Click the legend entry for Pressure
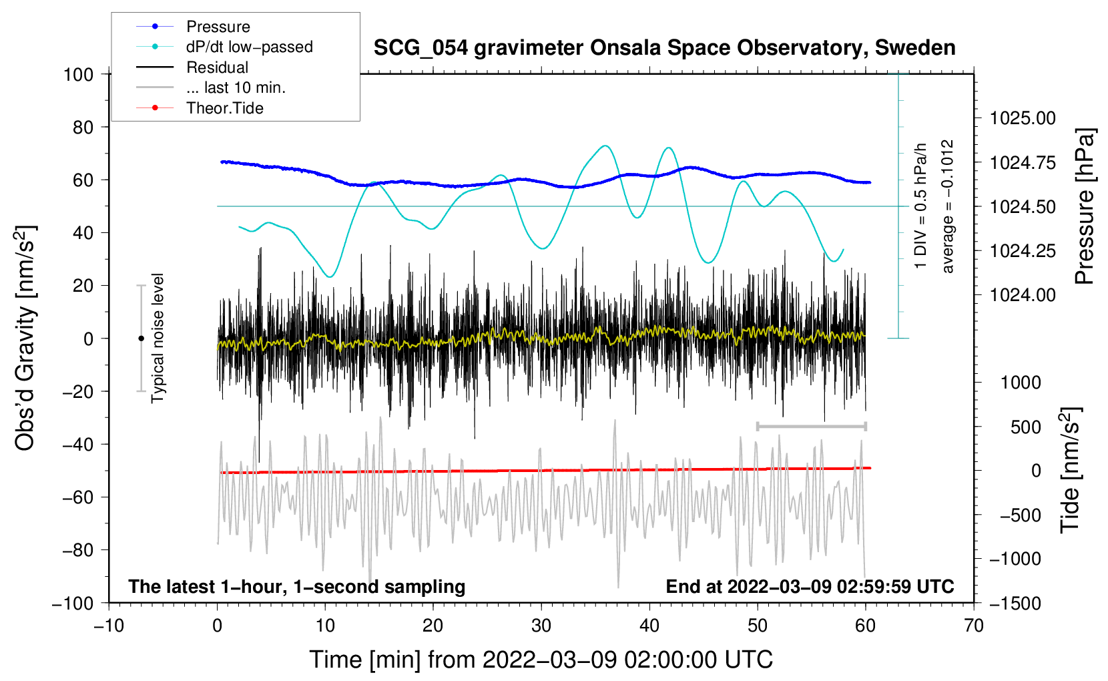point(218,27)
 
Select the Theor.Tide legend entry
point(224,108)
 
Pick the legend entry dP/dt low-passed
point(249,47)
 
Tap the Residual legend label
point(217,67)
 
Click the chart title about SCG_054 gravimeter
point(664,48)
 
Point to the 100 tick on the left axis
point(78,74)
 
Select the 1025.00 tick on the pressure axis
point(1023,118)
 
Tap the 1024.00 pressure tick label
point(1023,295)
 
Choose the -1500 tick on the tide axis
point(1015,603)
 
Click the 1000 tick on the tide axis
point(1021,383)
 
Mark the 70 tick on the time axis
point(974,626)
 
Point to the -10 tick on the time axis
point(109,626)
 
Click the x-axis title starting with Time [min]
point(541,660)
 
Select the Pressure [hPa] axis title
point(1085,206)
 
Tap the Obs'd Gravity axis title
point(25,338)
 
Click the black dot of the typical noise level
point(141,338)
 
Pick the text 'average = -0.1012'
point(948,206)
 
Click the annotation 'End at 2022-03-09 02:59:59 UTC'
point(810,586)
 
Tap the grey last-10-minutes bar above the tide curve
point(811,426)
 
